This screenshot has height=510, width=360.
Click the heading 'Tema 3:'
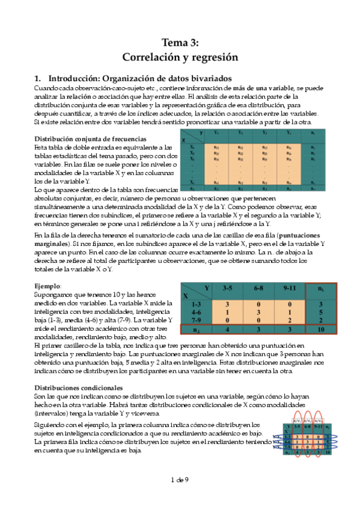pos(180,42)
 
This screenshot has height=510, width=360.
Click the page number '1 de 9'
pos(180,480)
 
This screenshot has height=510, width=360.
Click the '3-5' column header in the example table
pos(227,289)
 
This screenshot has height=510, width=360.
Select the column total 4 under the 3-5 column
pos(227,329)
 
